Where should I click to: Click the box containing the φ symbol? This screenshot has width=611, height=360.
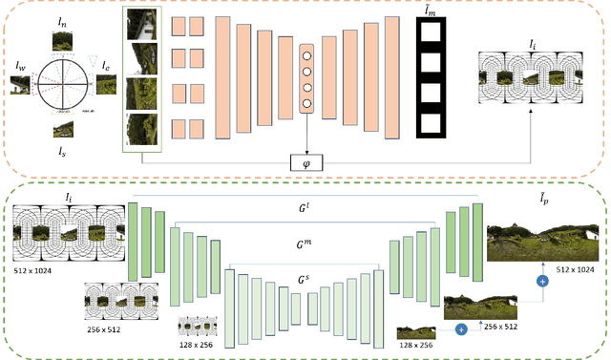(x=306, y=163)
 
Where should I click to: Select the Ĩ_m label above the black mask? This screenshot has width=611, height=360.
(x=435, y=10)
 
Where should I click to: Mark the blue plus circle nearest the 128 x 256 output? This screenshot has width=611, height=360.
(x=461, y=328)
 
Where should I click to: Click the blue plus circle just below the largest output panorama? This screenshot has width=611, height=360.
(x=543, y=282)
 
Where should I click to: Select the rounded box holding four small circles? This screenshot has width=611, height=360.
(x=306, y=78)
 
